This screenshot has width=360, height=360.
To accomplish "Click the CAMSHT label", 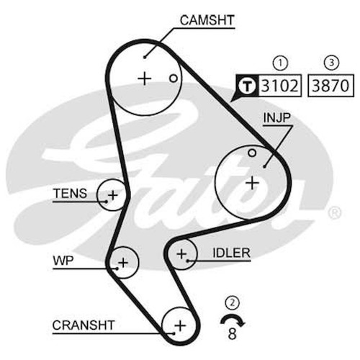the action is pyautogui.click(x=207, y=20).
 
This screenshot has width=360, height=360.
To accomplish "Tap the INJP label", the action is pyautogui.click(x=277, y=117).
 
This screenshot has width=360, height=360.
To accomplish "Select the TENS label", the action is pyautogui.click(x=70, y=194).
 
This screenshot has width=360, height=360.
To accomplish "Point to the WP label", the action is pyautogui.click(x=63, y=261).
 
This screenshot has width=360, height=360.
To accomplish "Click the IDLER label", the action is pyautogui.click(x=231, y=253).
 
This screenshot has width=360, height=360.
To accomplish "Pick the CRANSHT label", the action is pyautogui.click(x=84, y=325).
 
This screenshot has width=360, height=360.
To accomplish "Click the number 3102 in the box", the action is pyautogui.click(x=279, y=86).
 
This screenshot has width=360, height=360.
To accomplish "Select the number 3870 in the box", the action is pyautogui.click(x=330, y=86).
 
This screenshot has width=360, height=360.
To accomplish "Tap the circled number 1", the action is pyautogui.click(x=280, y=63).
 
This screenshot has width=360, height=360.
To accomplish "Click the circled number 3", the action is pyautogui.click(x=331, y=63).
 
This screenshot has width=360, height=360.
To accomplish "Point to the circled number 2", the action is pyautogui.click(x=232, y=303).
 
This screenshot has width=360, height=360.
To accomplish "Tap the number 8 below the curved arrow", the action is pyautogui.click(x=232, y=333).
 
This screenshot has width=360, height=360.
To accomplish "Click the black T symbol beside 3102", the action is pyautogui.click(x=247, y=86).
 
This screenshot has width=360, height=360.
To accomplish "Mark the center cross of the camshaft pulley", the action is pyautogui.click(x=145, y=78).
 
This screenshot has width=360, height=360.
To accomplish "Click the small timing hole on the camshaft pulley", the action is pyautogui.click(x=174, y=78).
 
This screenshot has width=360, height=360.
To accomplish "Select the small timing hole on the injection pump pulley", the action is pyautogui.click(x=252, y=153).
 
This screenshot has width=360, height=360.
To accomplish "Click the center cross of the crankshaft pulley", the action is pyautogui.click(x=180, y=326).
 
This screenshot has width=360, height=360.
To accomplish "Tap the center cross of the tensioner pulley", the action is pyautogui.click(x=113, y=195).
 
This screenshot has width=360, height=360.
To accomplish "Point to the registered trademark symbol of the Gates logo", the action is pyautogui.click(x=334, y=213).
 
